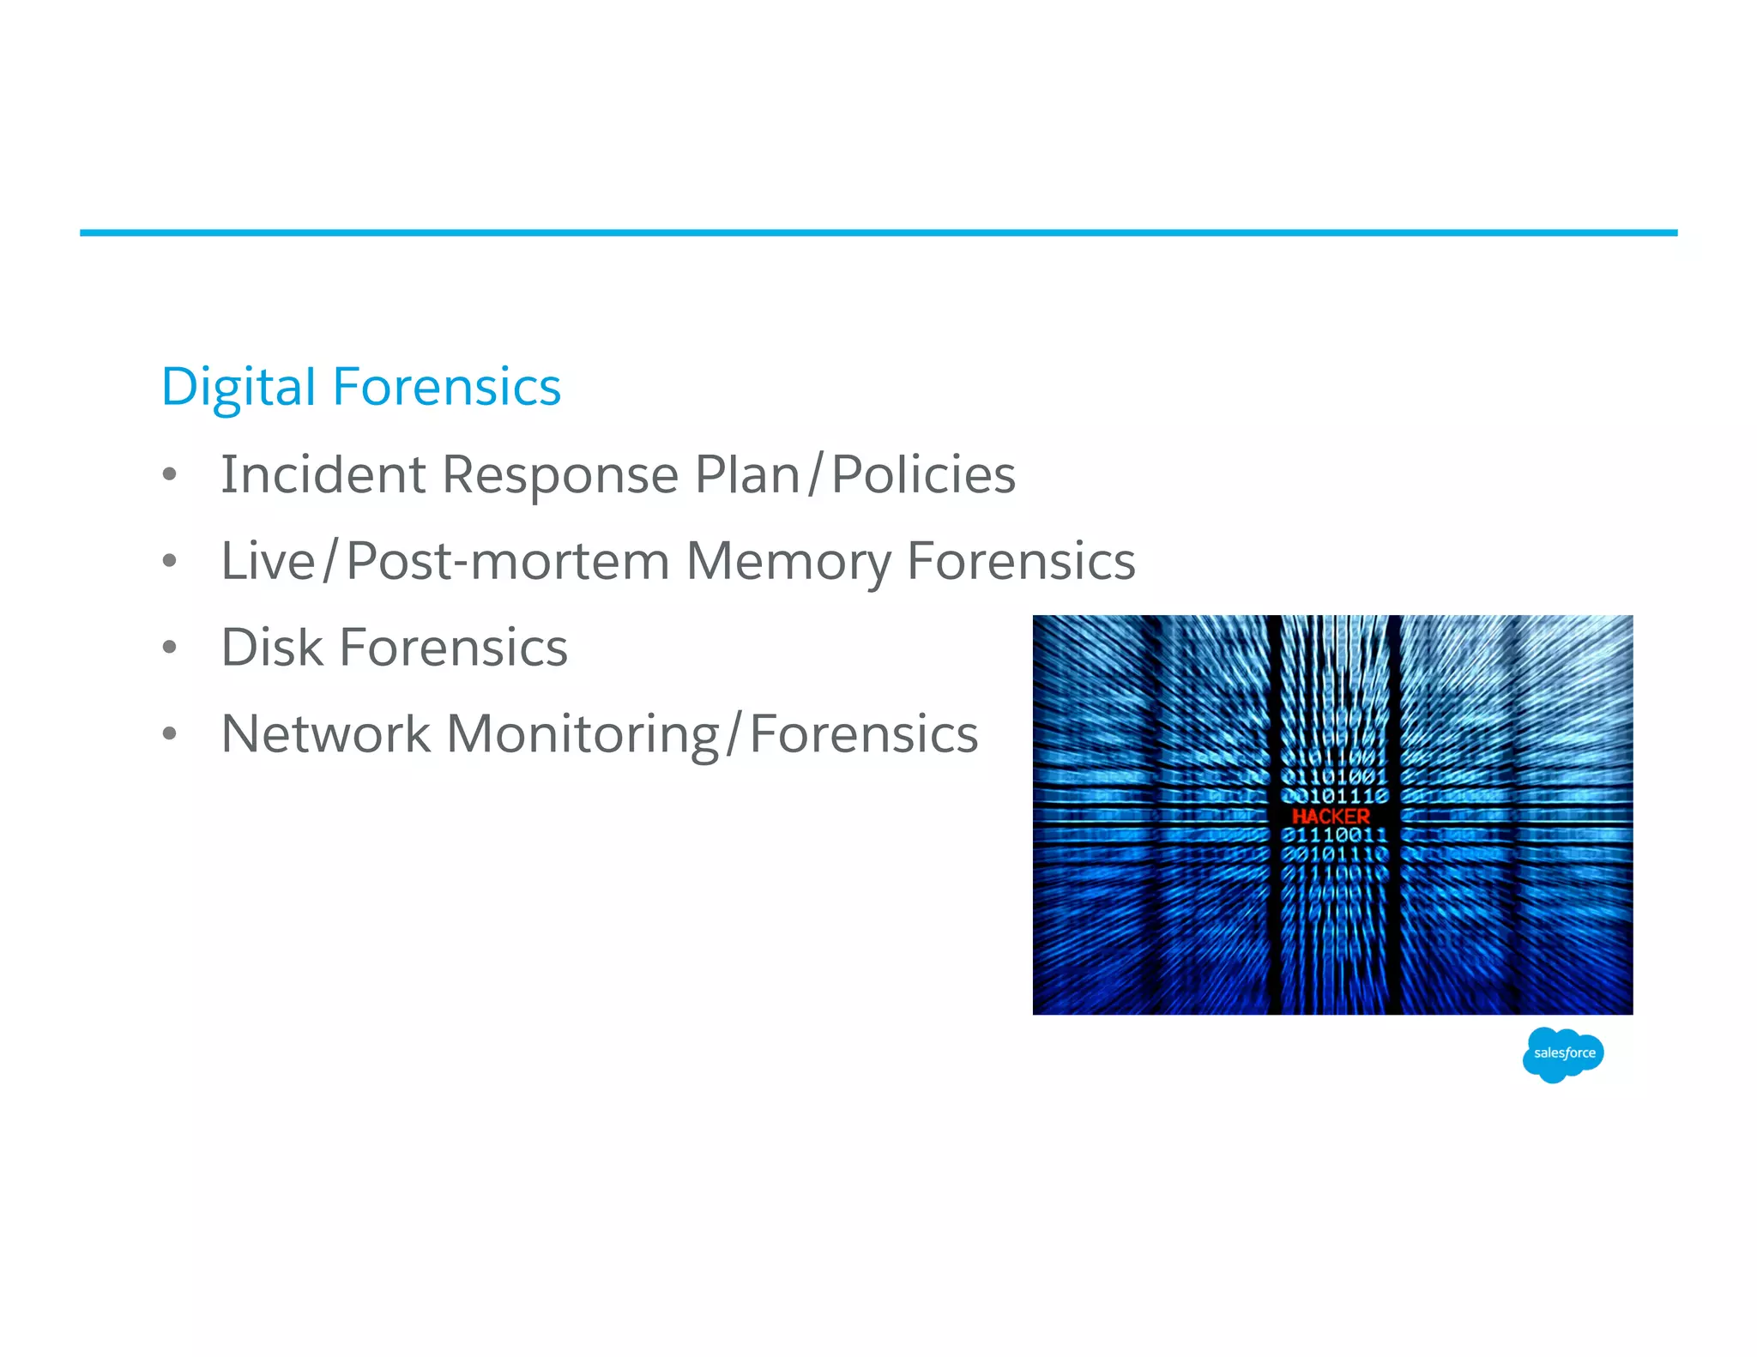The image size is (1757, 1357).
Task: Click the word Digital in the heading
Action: [238, 387]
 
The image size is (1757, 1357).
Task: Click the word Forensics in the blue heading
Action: [446, 387]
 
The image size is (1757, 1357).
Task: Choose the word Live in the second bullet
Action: [268, 561]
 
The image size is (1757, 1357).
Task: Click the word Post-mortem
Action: [508, 561]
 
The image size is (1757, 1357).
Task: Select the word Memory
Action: [788, 561]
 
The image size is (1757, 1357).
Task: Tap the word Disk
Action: [271, 648]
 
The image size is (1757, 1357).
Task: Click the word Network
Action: [325, 734]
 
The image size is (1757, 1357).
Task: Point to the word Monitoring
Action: [583, 734]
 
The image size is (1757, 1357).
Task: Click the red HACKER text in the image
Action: [1331, 816]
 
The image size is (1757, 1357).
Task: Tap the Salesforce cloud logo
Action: [1563, 1053]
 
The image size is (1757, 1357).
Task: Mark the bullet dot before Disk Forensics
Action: [170, 648]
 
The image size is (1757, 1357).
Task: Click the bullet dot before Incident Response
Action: [170, 474]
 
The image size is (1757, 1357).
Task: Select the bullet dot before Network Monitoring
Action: [170, 734]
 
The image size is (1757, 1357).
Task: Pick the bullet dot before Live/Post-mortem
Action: [170, 561]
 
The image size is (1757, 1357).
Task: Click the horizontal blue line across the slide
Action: [878, 232]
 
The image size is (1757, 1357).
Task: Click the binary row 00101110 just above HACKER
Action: [1334, 797]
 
